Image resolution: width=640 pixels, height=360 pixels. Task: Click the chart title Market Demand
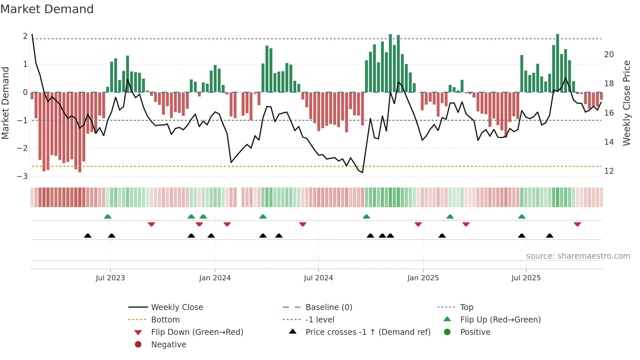pyautogui.click(x=47, y=9)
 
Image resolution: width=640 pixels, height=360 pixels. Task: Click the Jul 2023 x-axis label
pyautogui.click(x=110, y=278)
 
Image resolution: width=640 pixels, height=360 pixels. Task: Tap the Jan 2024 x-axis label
pyautogui.click(x=215, y=278)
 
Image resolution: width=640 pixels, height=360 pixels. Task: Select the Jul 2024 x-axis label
pyautogui.click(x=318, y=278)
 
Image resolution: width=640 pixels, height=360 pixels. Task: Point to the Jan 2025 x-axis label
pyautogui.click(x=423, y=278)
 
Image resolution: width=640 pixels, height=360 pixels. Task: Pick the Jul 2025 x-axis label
pyautogui.click(x=526, y=278)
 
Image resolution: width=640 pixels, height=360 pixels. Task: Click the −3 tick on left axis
pyautogui.click(x=23, y=176)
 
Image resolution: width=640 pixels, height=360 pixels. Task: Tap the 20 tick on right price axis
pyautogui.click(x=609, y=55)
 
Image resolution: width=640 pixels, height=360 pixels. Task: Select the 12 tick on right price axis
pyautogui.click(x=609, y=171)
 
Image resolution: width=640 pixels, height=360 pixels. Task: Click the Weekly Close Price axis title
pyautogui.click(x=627, y=103)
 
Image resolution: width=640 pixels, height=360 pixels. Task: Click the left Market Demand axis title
pyautogui.click(x=5, y=103)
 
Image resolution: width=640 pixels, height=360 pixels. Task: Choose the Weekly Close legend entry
pyautogui.click(x=177, y=307)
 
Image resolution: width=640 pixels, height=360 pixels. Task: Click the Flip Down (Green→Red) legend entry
pyautogui.click(x=197, y=332)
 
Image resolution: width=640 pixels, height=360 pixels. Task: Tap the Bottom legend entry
pyautogui.click(x=165, y=320)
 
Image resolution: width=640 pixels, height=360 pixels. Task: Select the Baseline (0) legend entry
pyautogui.click(x=328, y=307)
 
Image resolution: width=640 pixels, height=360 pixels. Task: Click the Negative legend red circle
pyautogui.click(x=138, y=344)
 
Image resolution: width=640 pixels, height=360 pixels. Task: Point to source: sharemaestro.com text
pyautogui.click(x=578, y=256)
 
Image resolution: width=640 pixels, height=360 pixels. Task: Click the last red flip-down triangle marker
pyautogui.click(x=577, y=224)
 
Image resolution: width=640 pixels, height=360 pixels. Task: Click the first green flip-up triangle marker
pyautogui.click(x=107, y=217)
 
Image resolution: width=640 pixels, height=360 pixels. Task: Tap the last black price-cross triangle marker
pyautogui.click(x=550, y=236)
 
